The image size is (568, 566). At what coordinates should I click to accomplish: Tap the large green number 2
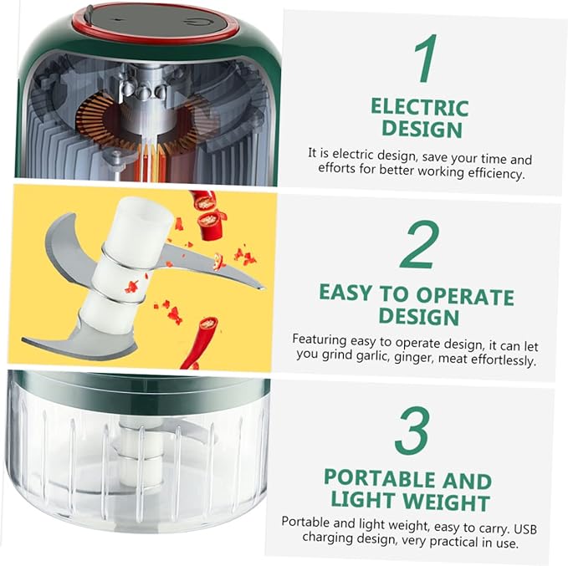click(419, 245)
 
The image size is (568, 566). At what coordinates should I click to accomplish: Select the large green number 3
click(412, 431)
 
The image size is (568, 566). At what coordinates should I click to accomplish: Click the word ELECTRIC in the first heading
click(420, 107)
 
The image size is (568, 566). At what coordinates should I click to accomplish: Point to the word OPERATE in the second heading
click(465, 296)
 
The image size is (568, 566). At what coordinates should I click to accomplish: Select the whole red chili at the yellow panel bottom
click(200, 343)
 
